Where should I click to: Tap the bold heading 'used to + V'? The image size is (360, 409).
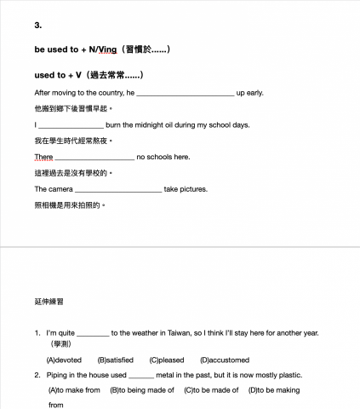[x=63, y=75]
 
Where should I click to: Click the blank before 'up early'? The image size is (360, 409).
[x=185, y=92]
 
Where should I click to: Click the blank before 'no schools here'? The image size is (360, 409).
[x=94, y=158]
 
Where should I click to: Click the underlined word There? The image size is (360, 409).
[x=43, y=158]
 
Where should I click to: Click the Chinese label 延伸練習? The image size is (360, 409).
[x=49, y=302]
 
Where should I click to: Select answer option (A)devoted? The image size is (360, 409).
[x=65, y=360]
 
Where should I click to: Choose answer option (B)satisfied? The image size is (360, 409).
[x=116, y=360]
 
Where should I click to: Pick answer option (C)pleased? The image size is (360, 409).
[x=167, y=360]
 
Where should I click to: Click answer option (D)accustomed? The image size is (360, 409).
[x=225, y=360]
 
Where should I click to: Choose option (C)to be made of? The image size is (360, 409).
[x=208, y=390]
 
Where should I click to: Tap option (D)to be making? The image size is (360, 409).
[x=274, y=390]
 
